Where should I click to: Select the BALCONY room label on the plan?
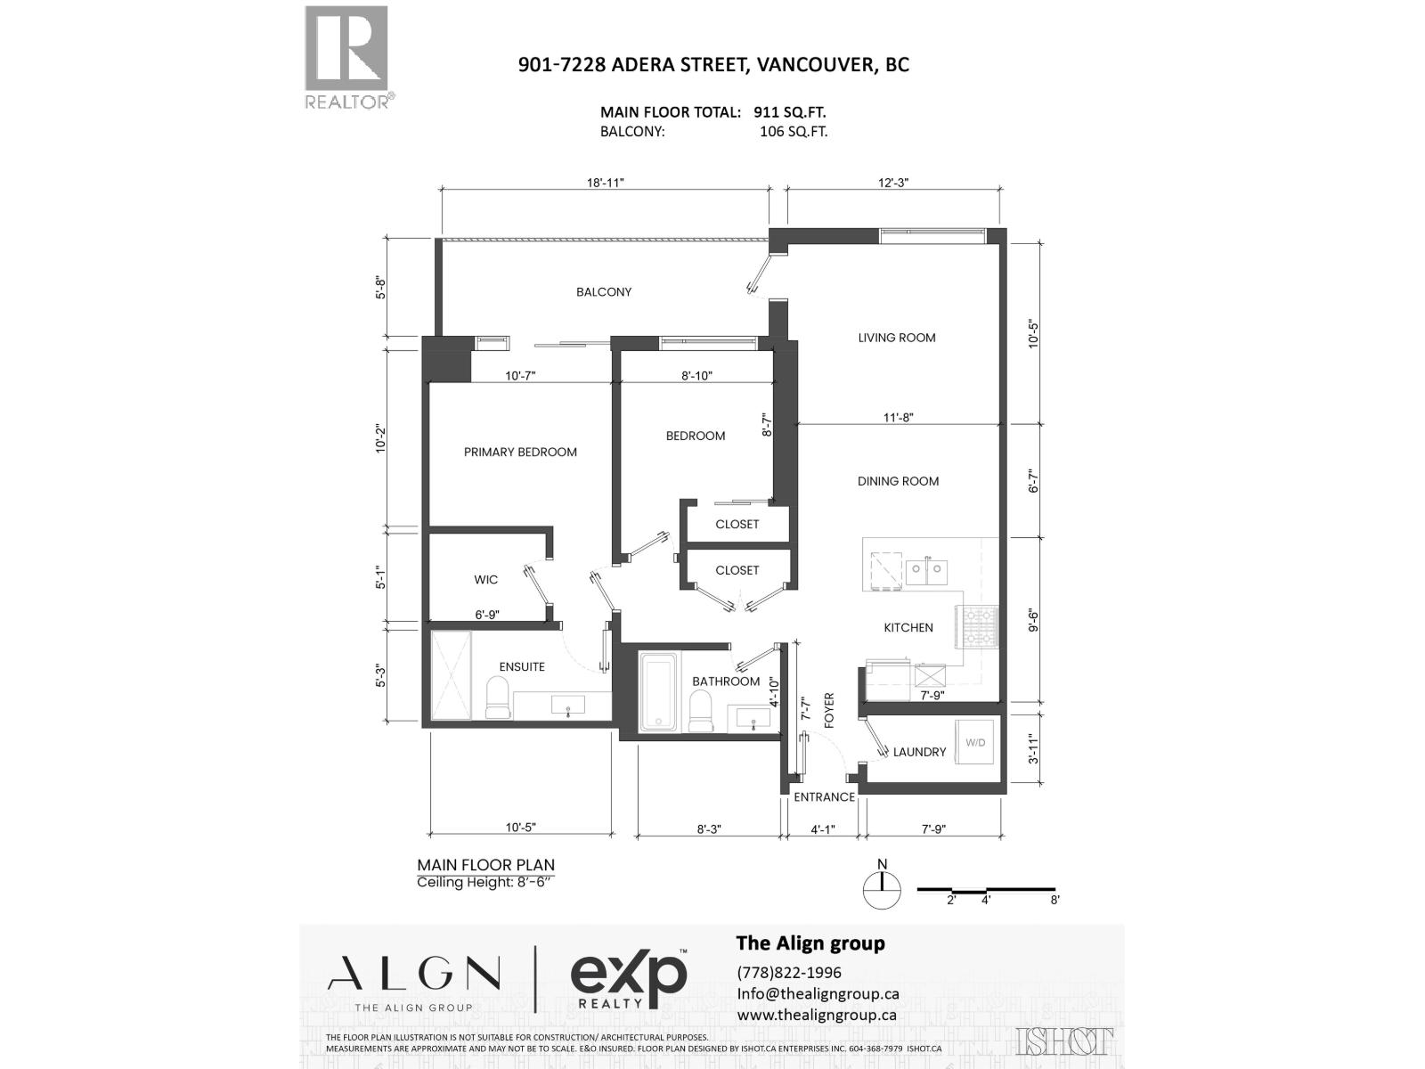(x=603, y=292)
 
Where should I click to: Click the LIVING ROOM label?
(x=896, y=338)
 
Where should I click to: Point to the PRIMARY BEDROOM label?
(x=520, y=452)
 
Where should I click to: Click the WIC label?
(x=485, y=580)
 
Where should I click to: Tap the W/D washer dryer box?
(x=975, y=742)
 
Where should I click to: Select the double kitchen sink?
(x=926, y=571)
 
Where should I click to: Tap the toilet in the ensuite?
(x=497, y=698)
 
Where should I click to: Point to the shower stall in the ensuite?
(x=451, y=674)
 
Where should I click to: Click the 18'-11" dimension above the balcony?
(x=605, y=183)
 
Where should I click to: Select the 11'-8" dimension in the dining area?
(x=898, y=417)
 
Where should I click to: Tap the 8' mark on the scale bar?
(x=1054, y=901)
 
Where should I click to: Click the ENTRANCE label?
(x=824, y=797)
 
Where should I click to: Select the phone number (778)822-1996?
(x=789, y=972)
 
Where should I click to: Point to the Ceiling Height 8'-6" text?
(x=485, y=883)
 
